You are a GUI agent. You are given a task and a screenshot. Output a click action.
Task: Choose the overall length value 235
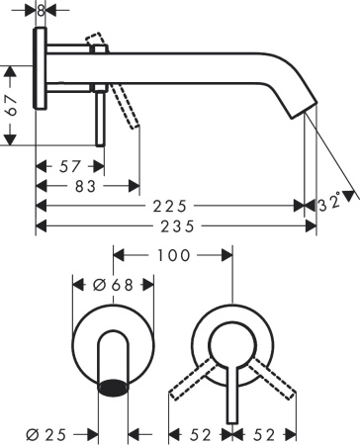pos(176,226)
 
